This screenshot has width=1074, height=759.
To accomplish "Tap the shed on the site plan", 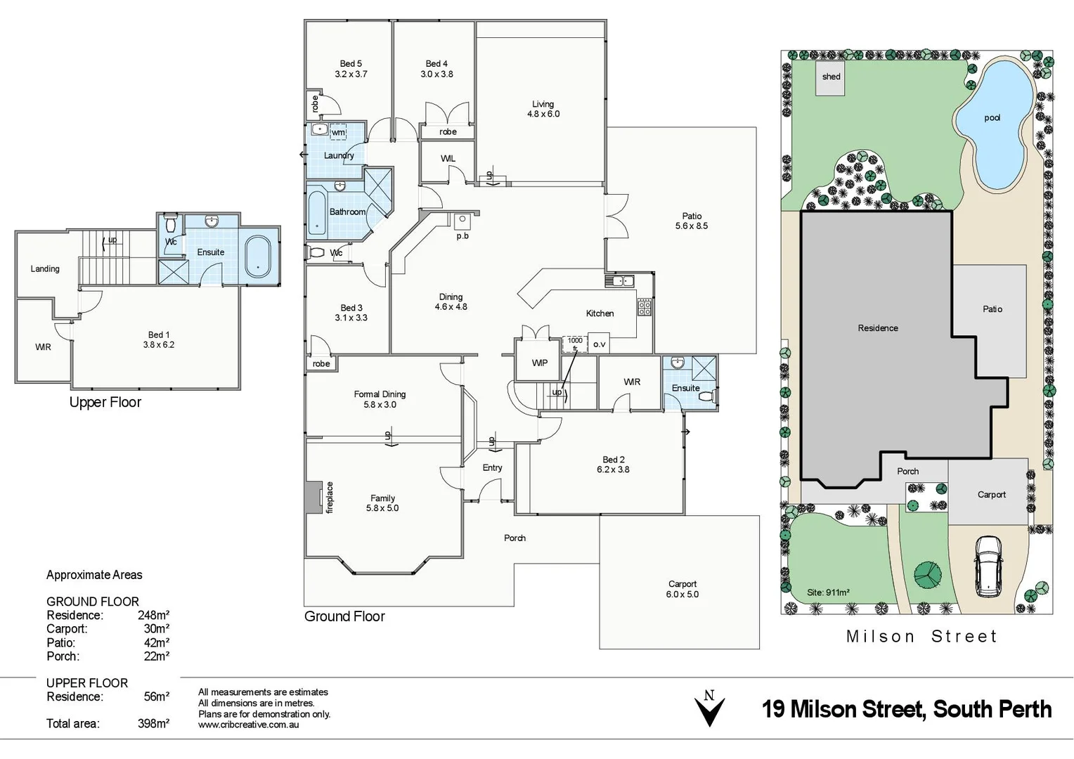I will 831,78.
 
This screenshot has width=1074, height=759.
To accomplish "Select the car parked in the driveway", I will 988,564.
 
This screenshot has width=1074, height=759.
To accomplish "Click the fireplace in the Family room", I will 313,497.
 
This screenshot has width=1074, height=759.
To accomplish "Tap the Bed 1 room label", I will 158,335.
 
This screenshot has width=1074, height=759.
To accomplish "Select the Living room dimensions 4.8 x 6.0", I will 543,114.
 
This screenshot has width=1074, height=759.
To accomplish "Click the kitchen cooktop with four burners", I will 644,307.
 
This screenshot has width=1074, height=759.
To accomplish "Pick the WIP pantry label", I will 539,363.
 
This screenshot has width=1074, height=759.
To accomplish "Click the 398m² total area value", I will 153,723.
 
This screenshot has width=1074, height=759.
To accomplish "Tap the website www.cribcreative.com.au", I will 248,725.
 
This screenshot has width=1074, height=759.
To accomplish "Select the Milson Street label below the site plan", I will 921,637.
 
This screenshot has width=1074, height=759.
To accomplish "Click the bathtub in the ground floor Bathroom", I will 316,213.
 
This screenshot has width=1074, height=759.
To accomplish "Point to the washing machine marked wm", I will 338,131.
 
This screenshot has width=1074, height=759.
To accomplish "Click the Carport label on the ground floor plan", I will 682,584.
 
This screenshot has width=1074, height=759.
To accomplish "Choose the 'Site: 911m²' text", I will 828,592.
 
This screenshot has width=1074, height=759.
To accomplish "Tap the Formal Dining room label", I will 380,394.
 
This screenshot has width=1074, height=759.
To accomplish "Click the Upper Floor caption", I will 105,402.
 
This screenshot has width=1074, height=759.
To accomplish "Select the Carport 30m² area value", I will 156,629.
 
